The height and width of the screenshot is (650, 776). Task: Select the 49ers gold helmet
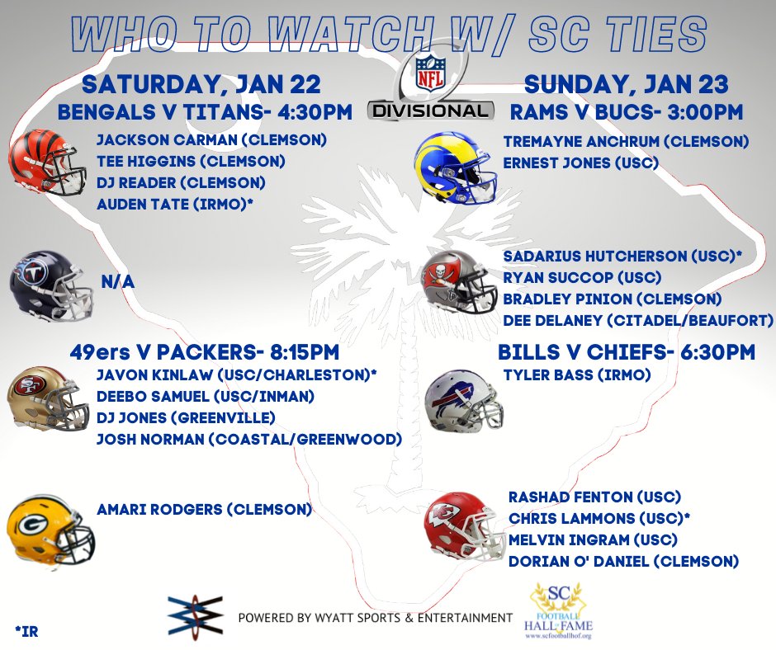(x=48, y=399)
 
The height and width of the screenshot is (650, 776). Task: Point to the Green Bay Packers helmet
(x=50, y=531)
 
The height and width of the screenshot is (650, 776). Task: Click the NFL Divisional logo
(x=430, y=87)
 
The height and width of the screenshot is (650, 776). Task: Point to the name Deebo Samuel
(x=148, y=397)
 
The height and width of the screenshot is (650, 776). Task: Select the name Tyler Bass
(x=545, y=375)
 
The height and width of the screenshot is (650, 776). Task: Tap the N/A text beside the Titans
(x=117, y=282)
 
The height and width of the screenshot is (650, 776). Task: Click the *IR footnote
(x=26, y=633)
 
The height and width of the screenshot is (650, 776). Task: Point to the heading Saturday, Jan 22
(x=200, y=85)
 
